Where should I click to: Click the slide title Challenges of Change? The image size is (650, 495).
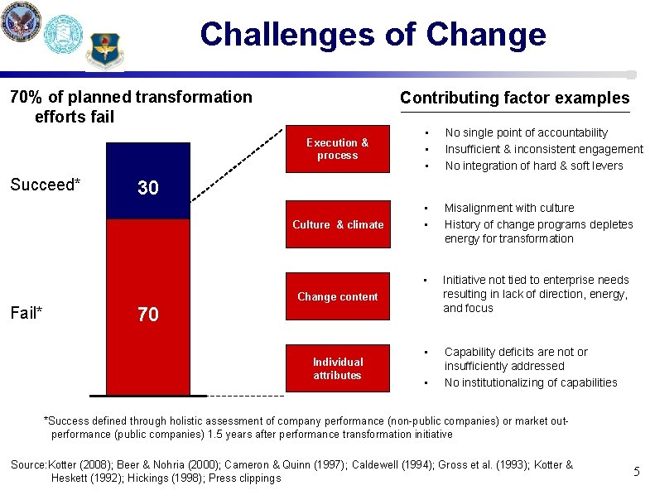pyautogui.click(x=373, y=35)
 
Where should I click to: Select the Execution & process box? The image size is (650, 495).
pyautogui.click(x=337, y=149)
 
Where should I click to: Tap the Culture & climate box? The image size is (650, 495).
pyautogui.click(x=337, y=224)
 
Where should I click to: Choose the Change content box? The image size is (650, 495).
pyautogui.click(x=337, y=296)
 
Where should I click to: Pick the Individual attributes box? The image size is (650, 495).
pyautogui.click(x=337, y=368)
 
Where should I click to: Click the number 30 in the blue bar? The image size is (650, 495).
pyautogui.click(x=148, y=188)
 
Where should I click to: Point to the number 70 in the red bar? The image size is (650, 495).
pyautogui.click(x=148, y=315)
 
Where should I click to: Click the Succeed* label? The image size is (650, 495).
pyautogui.click(x=45, y=184)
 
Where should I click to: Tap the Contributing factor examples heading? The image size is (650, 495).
pyautogui.click(x=514, y=98)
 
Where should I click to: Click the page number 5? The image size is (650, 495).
pyautogui.click(x=636, y=472)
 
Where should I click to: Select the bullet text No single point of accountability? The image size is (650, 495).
pyautogui.click(x=526, y=132)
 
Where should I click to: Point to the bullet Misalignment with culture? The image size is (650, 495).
pyautogui.click(x=508, y=208)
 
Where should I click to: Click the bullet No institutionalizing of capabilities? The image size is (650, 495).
pyautogui.click(x=531, y=382)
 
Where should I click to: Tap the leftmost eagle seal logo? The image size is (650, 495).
pyautogui.click(x=21, y=22)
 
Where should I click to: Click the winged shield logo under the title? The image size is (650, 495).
pyautogui.click(x=104, y=51)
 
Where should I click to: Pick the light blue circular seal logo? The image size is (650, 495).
pyautogui.click(x=63, y=35)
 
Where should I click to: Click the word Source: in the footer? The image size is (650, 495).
pyautogui.click(x=29, y=464)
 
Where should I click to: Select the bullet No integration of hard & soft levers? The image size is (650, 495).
pyautogui.click(x=533, y=166)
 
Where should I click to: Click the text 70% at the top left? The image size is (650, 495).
pyautogui.click(x=23, y=97)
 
